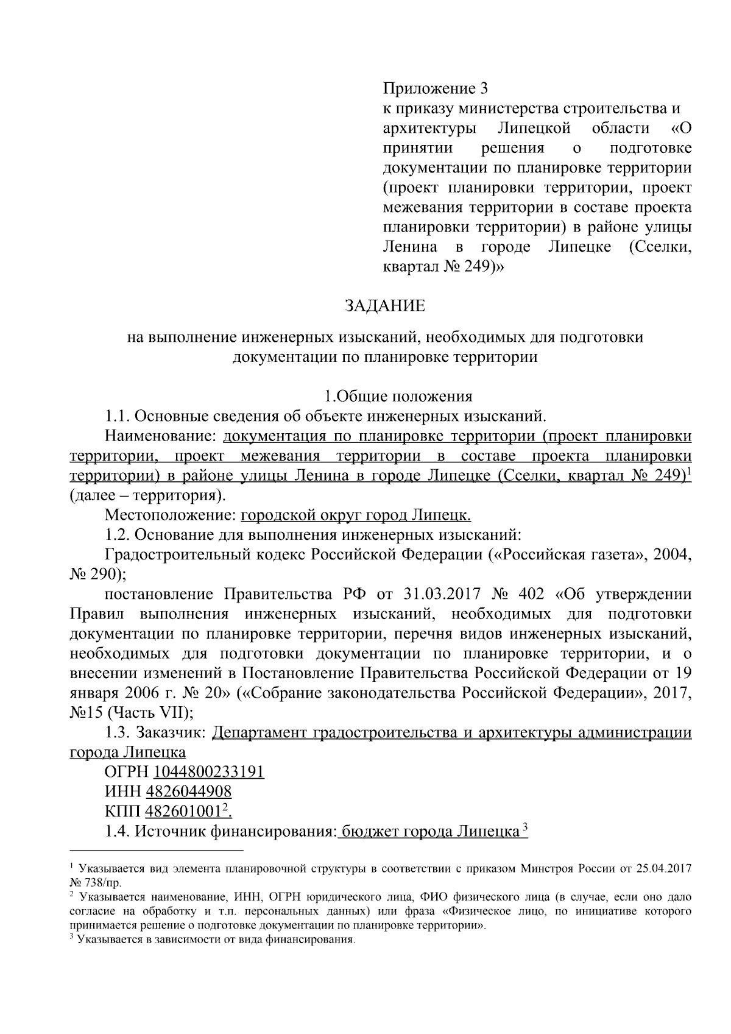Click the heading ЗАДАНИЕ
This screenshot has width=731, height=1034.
[386, 305]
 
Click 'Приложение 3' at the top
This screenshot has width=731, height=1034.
[436, 89]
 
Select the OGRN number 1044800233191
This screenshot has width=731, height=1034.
[209, 772]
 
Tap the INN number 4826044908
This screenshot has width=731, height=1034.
[188, 791]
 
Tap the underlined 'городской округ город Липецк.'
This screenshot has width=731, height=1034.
[356, 515]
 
